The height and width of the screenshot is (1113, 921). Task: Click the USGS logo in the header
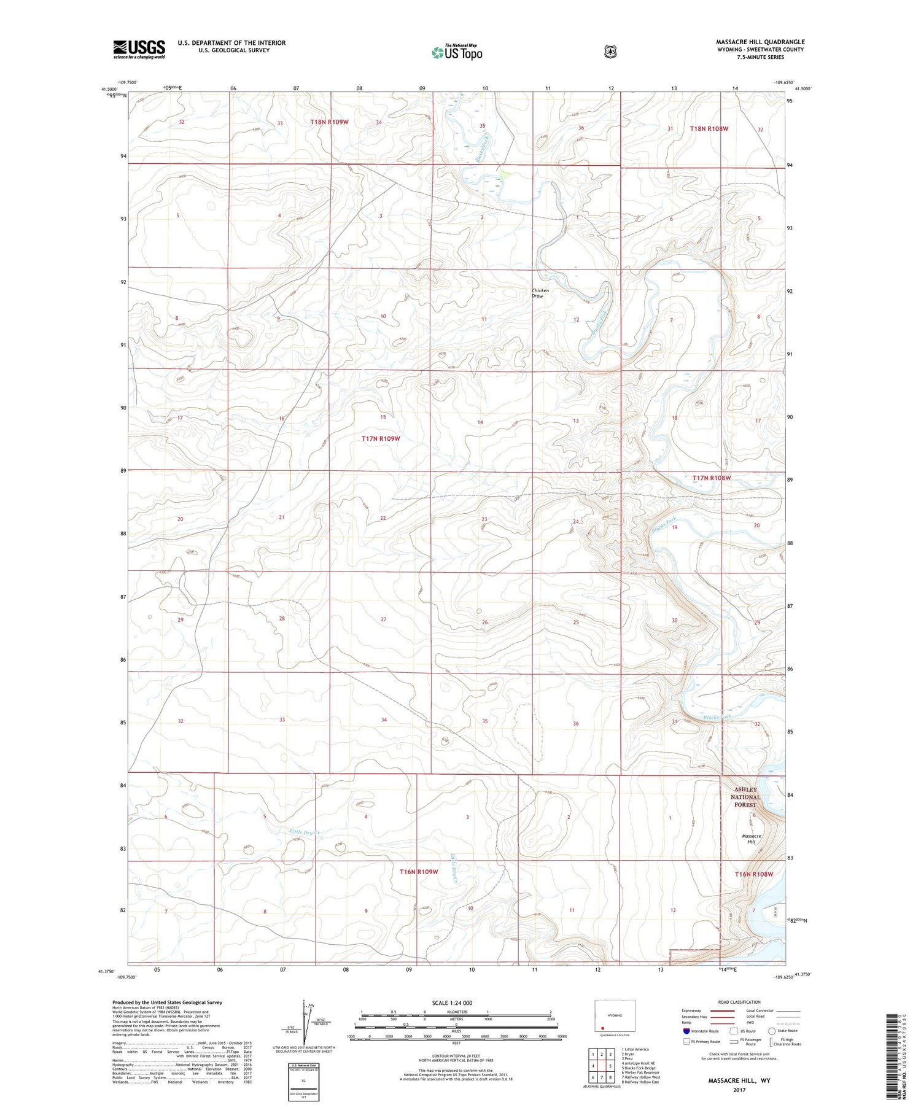click(x=139, y=49)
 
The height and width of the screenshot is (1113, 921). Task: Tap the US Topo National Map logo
click(x=457, y=52)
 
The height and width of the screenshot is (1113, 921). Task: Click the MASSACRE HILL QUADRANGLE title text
click(x=760, y=42)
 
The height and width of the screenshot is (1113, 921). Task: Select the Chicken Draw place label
click(x=540, y=293)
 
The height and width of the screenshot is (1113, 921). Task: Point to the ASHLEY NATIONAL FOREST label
click(x=745, y=797)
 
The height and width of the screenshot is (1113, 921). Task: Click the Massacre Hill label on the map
click(x=752, y=839)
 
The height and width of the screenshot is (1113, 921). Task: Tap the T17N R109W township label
click(x=381, y=438)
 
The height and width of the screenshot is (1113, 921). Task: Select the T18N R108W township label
click(x=709, y=129)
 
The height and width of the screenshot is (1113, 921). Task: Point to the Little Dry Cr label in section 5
click(x=306, y=832)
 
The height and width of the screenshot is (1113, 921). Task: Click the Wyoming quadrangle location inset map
click(x=615, y=1016)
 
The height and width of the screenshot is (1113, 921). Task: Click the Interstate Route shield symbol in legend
click(x=686, y=1031)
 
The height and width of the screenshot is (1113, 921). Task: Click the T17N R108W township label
click(x=712, y=478)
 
